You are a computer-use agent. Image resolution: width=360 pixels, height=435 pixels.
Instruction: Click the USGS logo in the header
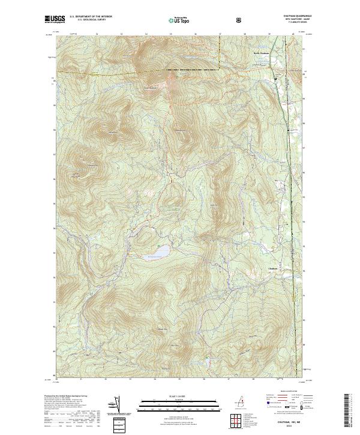click(54, 19)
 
